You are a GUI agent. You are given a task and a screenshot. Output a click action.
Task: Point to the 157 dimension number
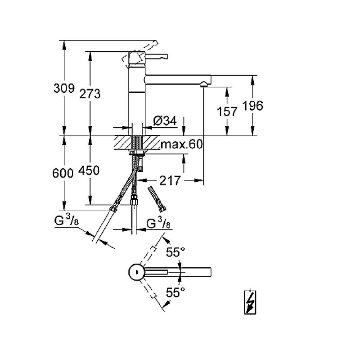(x=227, y=111)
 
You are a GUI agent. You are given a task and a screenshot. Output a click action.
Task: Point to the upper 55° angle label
(x=176, y=252)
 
